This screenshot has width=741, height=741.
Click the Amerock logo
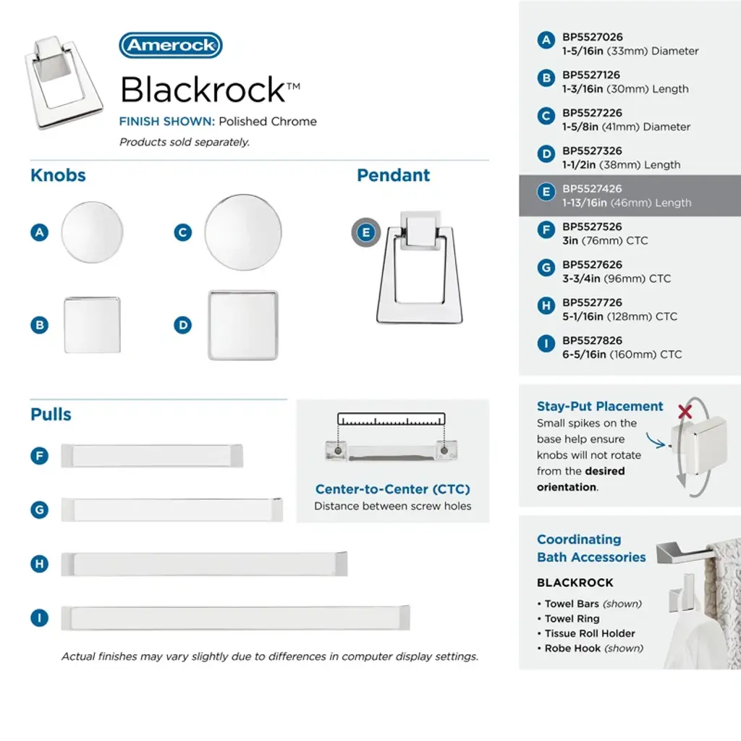click(171, 46)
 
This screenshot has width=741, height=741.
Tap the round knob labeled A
click(92, 232)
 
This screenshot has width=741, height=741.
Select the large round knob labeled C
click(243, 232)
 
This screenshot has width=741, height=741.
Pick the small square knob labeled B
click(92, 325)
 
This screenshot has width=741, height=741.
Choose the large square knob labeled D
click(243, 325)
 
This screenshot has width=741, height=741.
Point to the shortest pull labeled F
click(152, 456)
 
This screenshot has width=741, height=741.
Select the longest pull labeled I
click(236, 617)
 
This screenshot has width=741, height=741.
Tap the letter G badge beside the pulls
click(39, 509)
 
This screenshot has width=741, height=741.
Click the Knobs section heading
click(58, 175)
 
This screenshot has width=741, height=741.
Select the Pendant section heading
click(394, 175)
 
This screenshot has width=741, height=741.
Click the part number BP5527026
click(593, 38)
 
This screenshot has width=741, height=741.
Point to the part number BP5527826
click(593, 341)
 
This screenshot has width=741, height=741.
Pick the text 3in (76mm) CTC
click(605, 240)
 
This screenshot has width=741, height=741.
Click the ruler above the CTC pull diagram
click(391, 420)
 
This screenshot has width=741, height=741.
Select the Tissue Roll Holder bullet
click(590, 633)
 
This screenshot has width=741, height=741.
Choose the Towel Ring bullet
click(572, 619)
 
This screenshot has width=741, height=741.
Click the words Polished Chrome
click(268, 122)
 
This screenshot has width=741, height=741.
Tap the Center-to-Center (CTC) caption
click(392, 490)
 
